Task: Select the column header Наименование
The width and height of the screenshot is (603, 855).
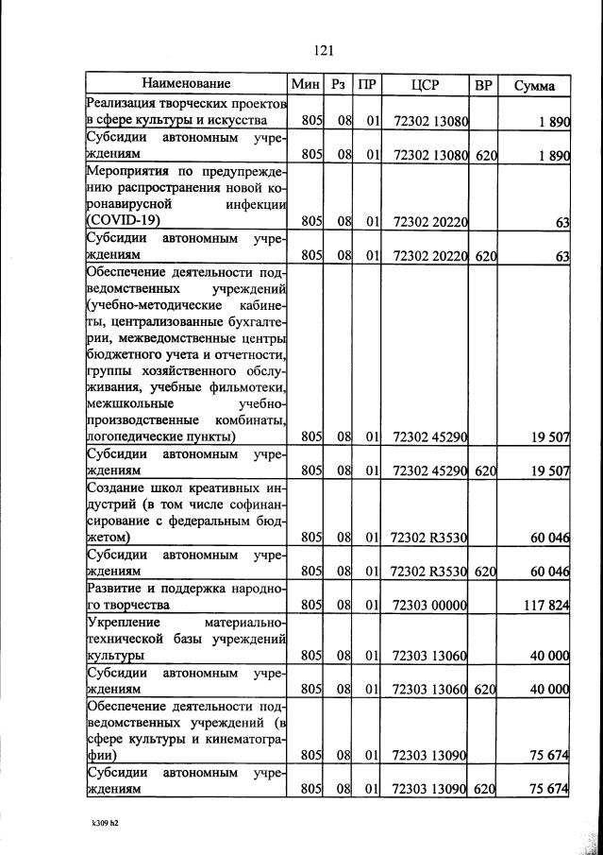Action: pyautogui.click(x=186, y=85)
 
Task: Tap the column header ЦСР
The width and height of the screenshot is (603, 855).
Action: pyautogui.click(x=426, y=85)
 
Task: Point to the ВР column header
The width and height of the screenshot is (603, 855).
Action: pyautogui.click(x=484, y=85)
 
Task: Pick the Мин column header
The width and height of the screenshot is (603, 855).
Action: pyautogui.click(x=307, y=85)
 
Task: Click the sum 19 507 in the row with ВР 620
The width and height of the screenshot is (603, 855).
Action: pyautogui.click(x=548, y=470)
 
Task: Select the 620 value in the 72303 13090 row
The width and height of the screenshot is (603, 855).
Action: pyautogui.click(x=485, y=788)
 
